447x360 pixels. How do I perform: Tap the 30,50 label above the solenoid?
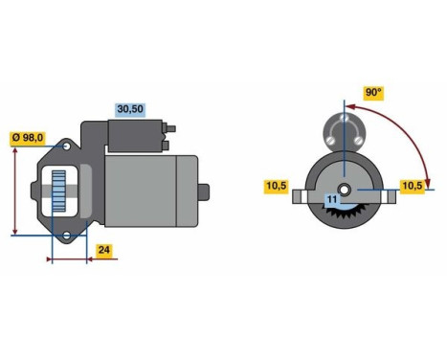(x=129, y=108)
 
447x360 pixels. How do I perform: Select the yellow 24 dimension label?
(x=104, y=251)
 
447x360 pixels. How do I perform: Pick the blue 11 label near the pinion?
(x=332, y=199)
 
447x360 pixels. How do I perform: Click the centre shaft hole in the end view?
(x=343, y=188)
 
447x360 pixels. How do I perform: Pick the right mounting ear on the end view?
(x=389, y=197)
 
